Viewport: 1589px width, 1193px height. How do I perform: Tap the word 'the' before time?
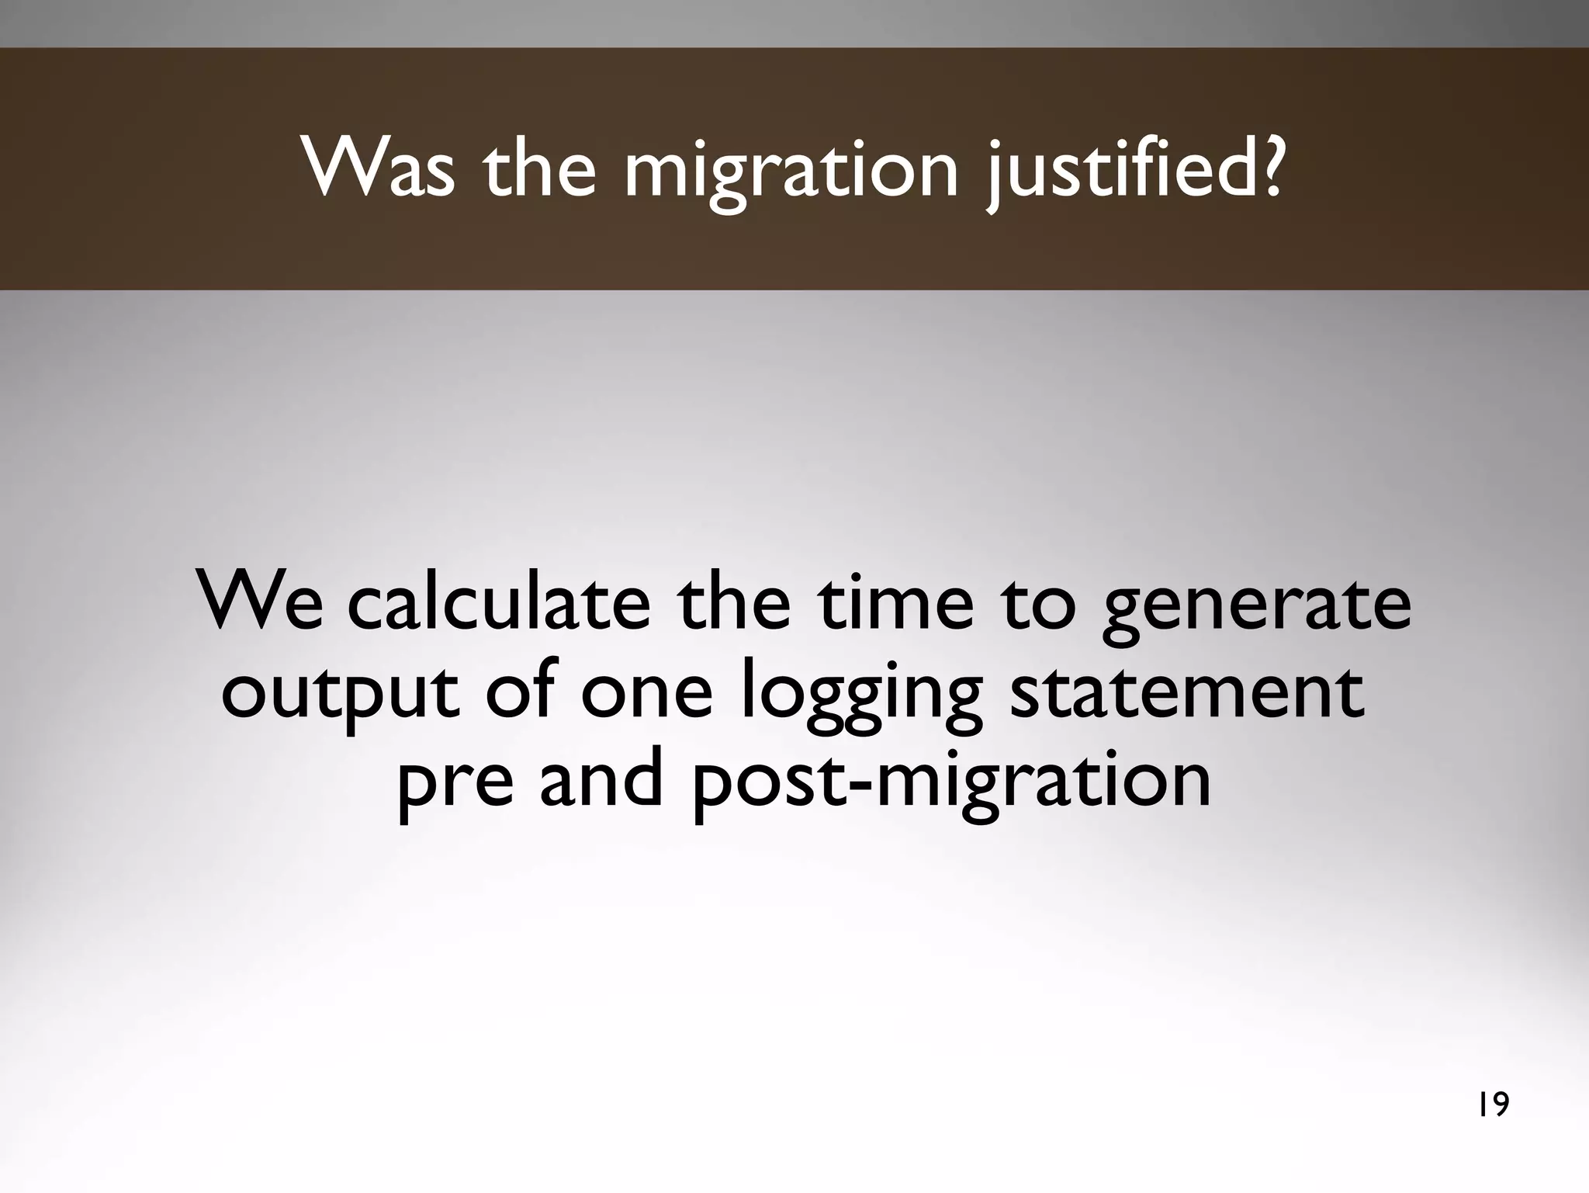(733, 602)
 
